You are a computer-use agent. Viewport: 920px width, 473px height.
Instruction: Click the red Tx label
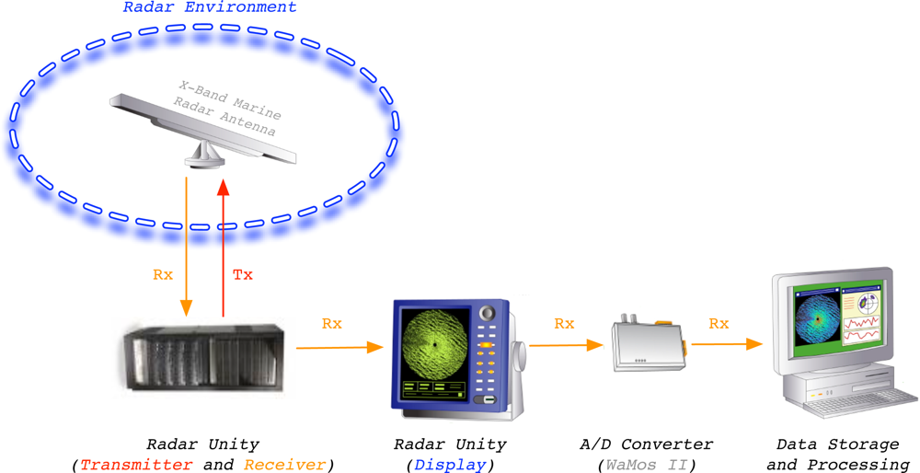242,274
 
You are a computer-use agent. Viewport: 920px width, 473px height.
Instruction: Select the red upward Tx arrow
222,248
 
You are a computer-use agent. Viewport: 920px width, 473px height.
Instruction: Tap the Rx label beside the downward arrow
163,274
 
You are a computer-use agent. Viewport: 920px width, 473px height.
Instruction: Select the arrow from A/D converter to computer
727,344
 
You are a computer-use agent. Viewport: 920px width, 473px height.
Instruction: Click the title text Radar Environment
211,7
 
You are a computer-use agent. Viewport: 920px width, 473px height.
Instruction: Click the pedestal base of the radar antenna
204,158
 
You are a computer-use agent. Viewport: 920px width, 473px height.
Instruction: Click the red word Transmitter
136,465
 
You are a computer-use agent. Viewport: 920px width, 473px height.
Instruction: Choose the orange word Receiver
284,465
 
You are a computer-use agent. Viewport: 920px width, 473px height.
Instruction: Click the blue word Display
449,465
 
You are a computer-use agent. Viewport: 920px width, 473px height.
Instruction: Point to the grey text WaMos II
641,465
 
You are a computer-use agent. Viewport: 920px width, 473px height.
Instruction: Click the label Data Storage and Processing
837,455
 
